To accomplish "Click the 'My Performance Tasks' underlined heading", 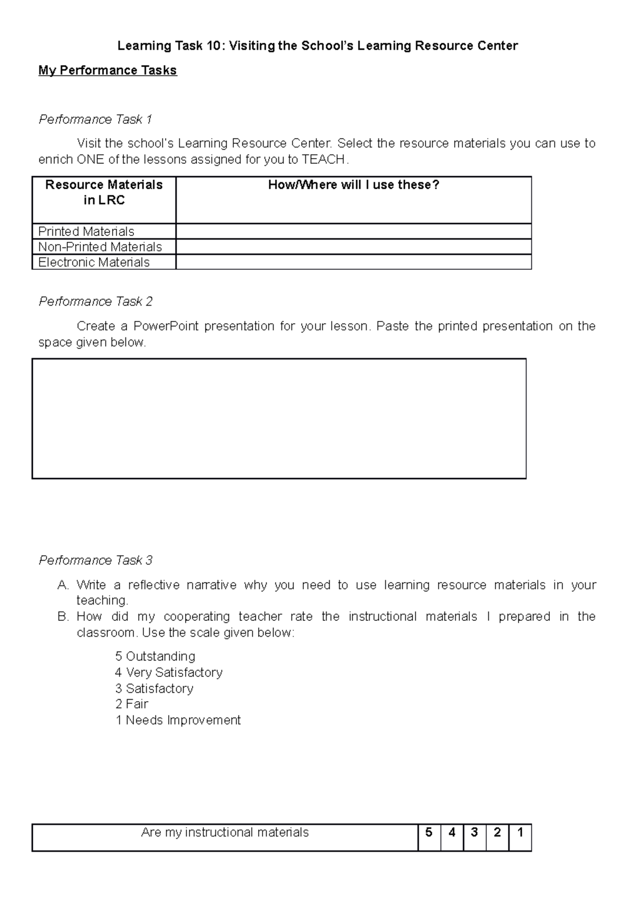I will coord(107,70).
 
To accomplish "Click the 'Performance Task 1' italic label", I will coord(95,120).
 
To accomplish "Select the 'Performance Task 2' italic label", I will coord(95,301).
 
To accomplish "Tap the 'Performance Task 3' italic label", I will coord(95,560).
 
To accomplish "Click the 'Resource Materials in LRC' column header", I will coord(104,193).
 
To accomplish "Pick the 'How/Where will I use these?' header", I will coord(353,185).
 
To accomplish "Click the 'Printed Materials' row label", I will coord(86,232).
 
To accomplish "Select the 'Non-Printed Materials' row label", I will coord(100,247).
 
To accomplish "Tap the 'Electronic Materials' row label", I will coord(94,262).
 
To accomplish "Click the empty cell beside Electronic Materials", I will coord(353,262).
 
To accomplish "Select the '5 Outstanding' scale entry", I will coord(155,656).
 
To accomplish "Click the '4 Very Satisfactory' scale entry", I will coord(168,672).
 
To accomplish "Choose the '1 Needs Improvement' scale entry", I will coord(178,720).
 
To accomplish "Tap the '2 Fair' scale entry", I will coord(132,704).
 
